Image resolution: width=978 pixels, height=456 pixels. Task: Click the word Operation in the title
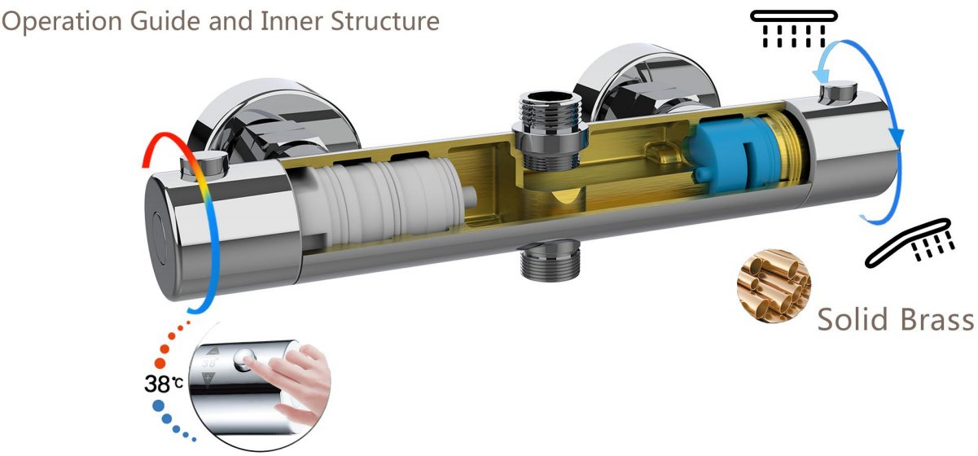pos(62,21)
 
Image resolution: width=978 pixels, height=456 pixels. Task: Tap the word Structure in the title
pos(385,20)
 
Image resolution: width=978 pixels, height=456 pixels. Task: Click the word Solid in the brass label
pos(853,319)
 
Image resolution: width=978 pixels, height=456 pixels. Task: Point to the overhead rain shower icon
pos(794,28)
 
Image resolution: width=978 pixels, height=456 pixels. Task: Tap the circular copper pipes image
pos(774,286)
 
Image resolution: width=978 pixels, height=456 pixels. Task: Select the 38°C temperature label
pos(164,384)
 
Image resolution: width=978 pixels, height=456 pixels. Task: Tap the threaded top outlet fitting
pos(551,131)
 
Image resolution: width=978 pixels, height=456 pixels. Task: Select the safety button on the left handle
pos(204,166)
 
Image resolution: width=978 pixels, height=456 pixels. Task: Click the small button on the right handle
pos(838,93)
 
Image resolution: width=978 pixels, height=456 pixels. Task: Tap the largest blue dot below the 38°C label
pos(158,406)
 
